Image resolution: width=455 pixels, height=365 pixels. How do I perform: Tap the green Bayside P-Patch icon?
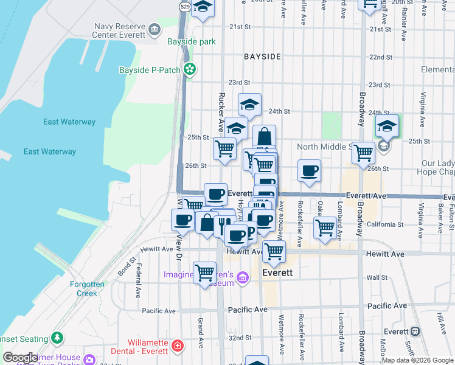pos(190,70)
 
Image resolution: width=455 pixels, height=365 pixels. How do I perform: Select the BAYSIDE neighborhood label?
pos(262,57)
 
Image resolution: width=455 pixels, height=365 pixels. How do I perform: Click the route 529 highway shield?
pos(185,5)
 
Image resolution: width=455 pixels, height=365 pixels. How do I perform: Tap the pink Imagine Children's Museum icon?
pos(243,279)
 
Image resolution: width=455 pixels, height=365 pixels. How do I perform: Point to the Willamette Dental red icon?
pos(176,346)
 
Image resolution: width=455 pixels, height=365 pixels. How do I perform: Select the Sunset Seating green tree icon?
pos(58,336)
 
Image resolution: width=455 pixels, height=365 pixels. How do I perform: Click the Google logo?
pos(20,358)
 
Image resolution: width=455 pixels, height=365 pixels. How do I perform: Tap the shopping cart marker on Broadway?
pos(363,153)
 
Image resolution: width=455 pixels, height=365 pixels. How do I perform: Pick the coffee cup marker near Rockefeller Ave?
pos(309,170)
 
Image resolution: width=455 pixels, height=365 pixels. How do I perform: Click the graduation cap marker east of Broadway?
pos(386,126)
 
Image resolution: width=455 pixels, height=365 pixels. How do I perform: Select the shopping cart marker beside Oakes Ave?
pos(325,228)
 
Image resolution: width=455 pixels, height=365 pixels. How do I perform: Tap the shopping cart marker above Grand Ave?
pos(204,272)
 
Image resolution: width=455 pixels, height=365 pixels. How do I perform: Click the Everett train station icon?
pos(415,332)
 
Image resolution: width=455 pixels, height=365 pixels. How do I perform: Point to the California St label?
pos(382,224)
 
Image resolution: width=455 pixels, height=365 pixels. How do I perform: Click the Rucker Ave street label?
pos(222,113)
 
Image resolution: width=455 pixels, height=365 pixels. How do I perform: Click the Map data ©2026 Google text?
pos(417,360)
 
